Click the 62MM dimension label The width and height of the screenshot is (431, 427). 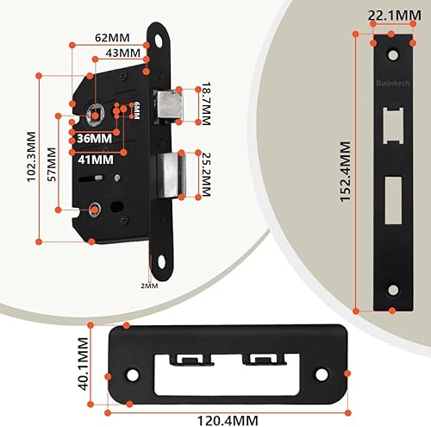coord(112,38)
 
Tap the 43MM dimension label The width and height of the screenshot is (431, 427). coord(123,53)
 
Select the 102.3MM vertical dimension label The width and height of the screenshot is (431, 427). coord(32,156)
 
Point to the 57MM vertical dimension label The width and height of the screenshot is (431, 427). coord(52,164)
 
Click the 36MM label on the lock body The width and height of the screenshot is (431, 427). coord(95,139)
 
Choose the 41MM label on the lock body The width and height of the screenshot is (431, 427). coord(96,160)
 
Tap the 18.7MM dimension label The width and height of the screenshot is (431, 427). coord(206,104)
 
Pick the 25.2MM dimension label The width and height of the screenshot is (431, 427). coord(206,174)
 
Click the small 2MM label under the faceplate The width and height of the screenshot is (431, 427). coord(149,286)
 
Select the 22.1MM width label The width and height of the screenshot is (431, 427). coord(395,16)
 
